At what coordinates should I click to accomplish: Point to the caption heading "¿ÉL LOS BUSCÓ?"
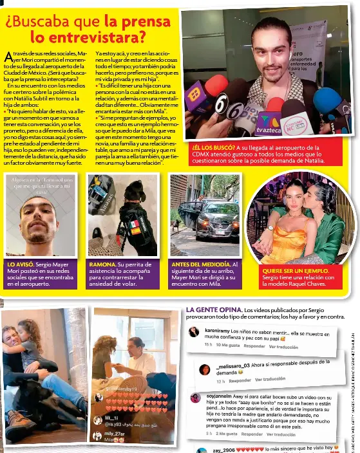(214, 147)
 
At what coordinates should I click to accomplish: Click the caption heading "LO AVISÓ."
(20, 264)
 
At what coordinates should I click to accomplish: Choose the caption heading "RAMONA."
(102, 264)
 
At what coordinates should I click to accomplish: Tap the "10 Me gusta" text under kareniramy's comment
(228, 346)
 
